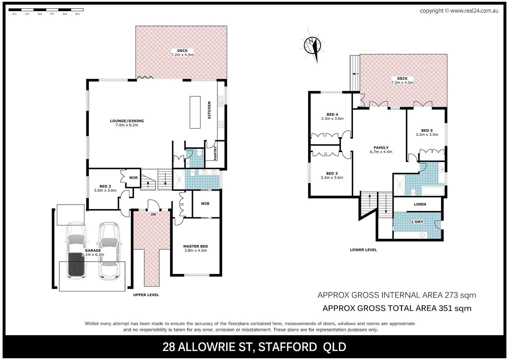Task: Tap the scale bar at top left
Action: click(46, 10)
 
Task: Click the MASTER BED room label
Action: click(196, 246)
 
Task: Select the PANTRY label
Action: click(215, 153)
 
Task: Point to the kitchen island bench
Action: click(195, 112)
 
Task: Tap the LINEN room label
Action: click(420, 204)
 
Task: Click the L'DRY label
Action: click(417, 222)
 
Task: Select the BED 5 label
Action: click(427, 131)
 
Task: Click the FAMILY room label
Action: click(381, 148)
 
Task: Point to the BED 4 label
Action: click(332, 114)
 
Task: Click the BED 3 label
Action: click(332, 173)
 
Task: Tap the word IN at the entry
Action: click(153, 214)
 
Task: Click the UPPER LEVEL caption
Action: click(146, 295)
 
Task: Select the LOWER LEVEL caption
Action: click(363, 250)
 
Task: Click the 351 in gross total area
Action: click(445, 308)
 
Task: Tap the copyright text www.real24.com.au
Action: click(474, 11)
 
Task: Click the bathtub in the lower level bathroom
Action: click(433, 191)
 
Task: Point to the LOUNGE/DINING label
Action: click(127, 121)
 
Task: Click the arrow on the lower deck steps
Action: click(356, 73)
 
